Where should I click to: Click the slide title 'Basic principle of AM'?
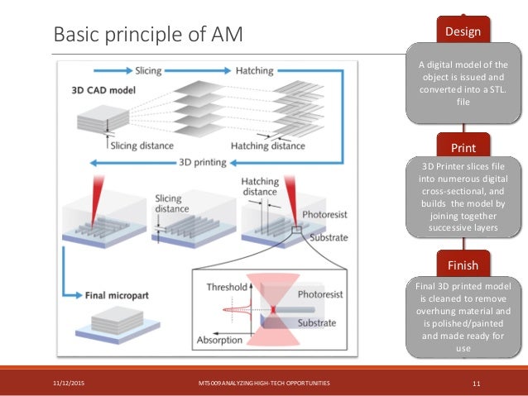click(148, 35)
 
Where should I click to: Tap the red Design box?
click(463, 31)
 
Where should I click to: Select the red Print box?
click(463, 147)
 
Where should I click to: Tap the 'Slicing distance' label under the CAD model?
click(143, 146)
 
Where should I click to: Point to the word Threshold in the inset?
click(225, 287)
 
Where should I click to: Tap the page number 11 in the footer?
click(477, 383)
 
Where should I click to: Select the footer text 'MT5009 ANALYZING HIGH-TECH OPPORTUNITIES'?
click(258, 383)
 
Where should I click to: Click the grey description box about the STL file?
click(463, 83)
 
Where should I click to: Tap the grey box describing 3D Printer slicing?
click(463, 199)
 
